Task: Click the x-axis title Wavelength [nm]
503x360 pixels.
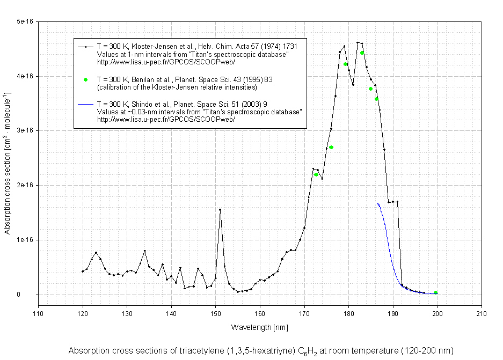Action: coord(260,327)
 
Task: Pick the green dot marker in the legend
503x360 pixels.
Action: coord(85,79)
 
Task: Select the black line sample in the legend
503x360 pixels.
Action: coord(85,47)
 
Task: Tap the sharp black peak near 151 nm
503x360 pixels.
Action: coord(220,210)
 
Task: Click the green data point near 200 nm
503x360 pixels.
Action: coord(436,292)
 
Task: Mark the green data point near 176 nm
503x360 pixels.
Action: coord(331,147)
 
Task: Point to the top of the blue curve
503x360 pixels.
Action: coord(377,203)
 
